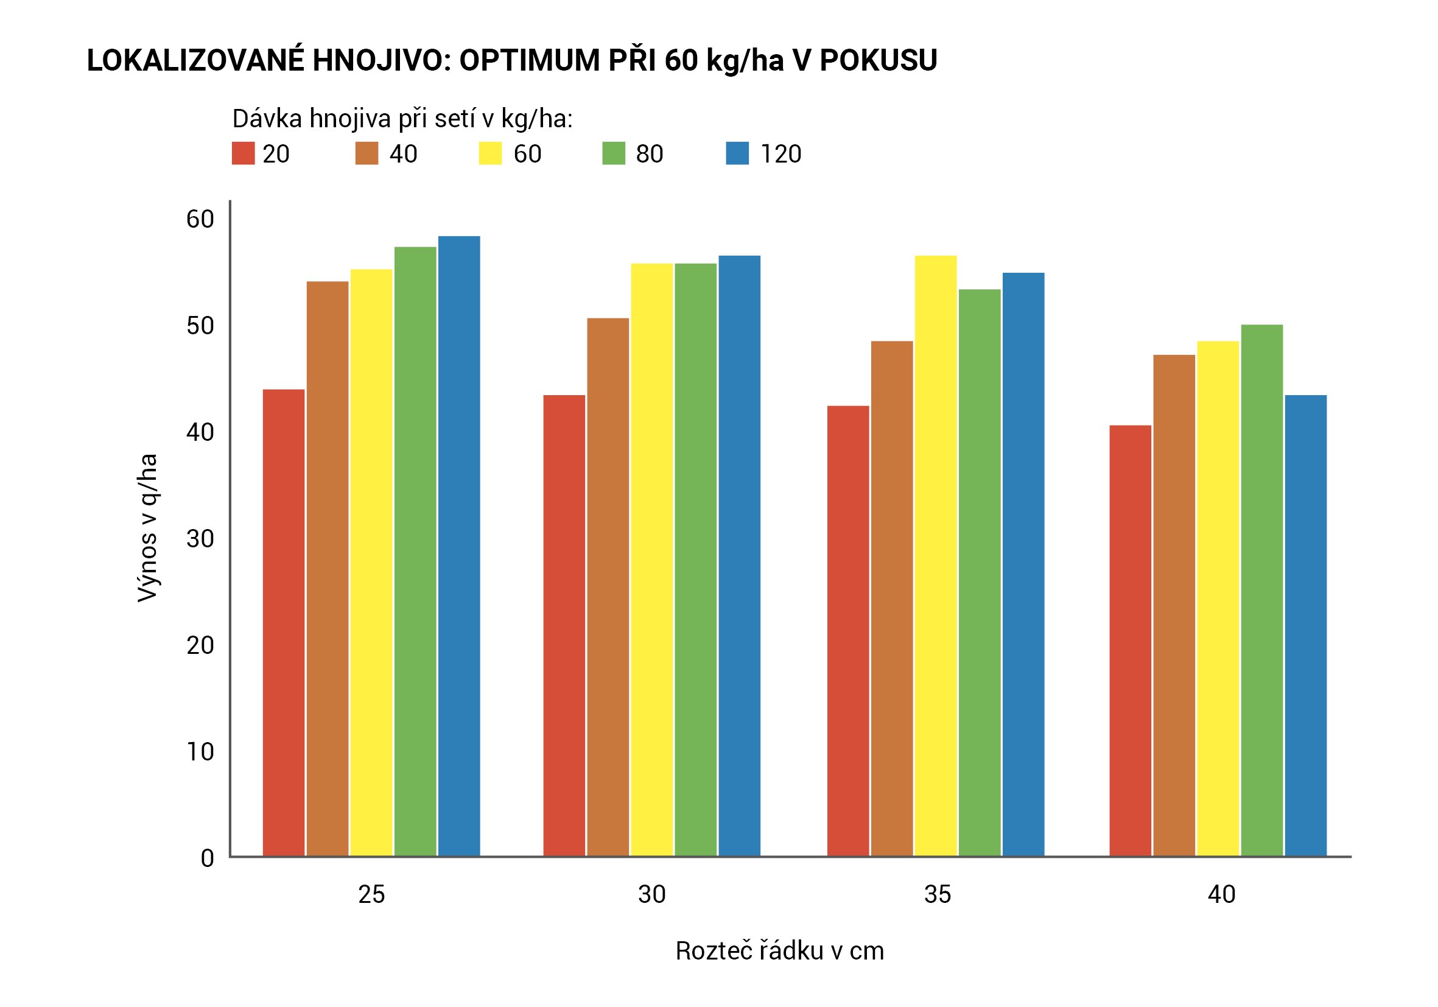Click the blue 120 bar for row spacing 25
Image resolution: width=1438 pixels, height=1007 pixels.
click(459, 545)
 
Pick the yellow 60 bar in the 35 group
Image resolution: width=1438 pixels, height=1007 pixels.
click(936, 555)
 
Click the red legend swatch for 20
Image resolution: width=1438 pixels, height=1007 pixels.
click(243, 153)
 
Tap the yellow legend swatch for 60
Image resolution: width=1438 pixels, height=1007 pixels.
click(491, 153)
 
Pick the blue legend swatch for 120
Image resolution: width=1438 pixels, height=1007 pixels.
click(737, 153)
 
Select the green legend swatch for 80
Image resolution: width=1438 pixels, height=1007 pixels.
click(614, 153)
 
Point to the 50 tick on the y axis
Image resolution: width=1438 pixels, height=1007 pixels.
click(200, 326)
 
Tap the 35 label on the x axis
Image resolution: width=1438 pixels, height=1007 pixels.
click(938, 894)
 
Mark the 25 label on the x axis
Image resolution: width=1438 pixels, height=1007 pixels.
click(371, 894)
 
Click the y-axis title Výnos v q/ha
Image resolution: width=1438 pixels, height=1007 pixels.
click(148, 528)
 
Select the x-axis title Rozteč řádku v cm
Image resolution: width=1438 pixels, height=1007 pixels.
click(780, 950)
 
